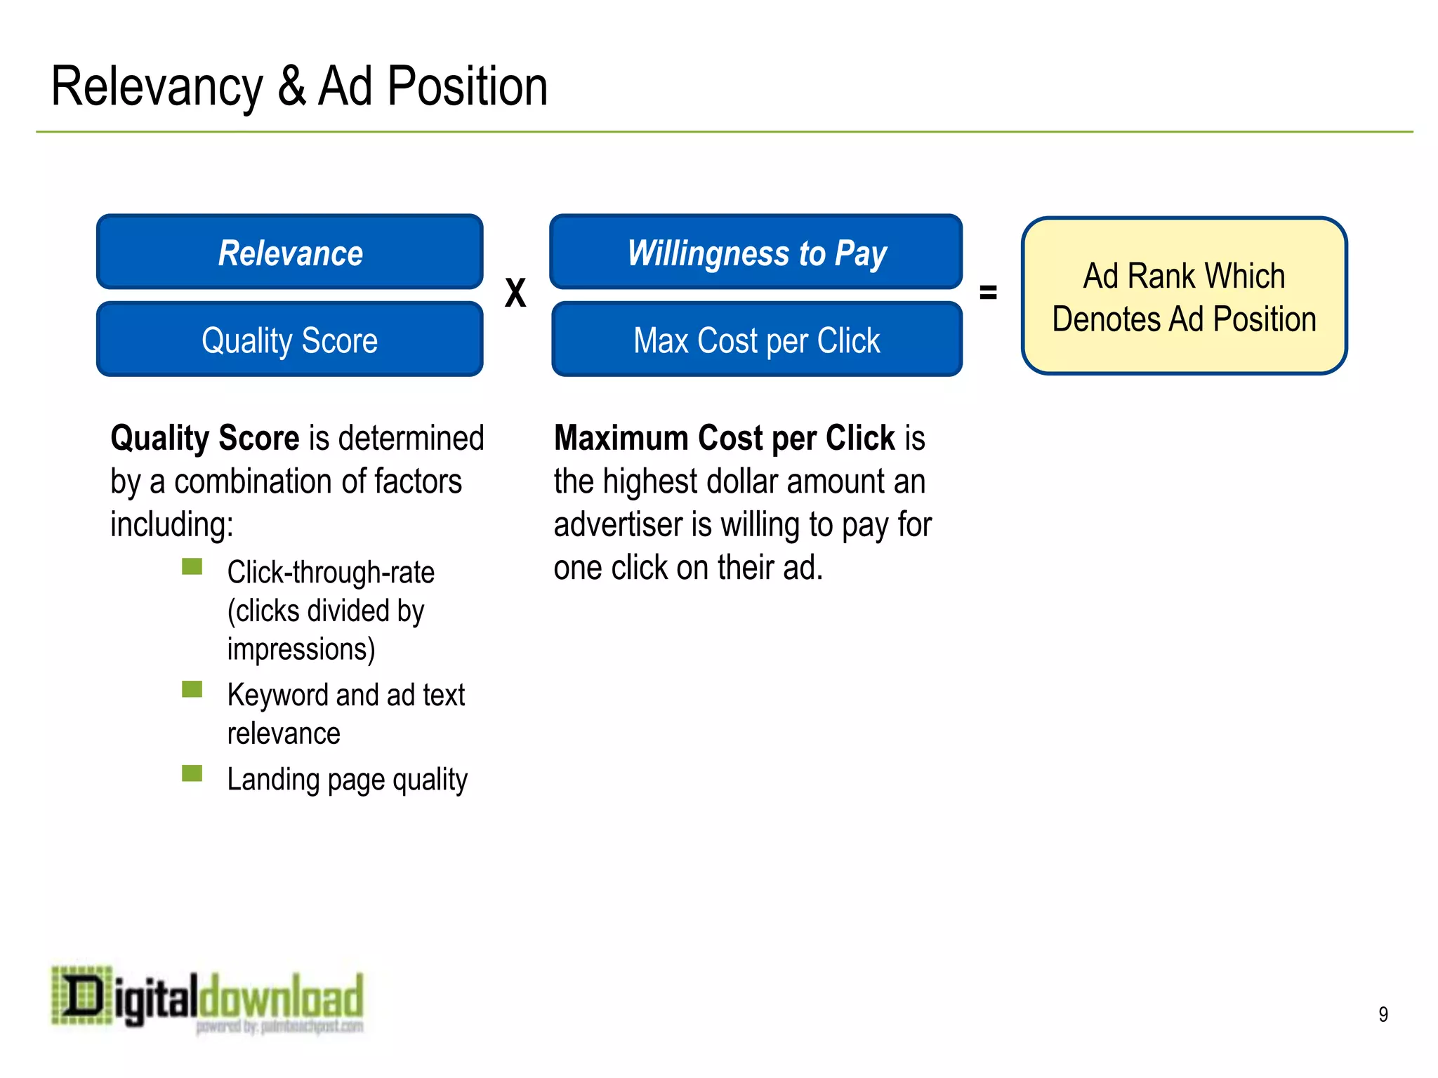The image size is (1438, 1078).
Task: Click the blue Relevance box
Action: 289,253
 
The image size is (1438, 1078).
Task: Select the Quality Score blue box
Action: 289,340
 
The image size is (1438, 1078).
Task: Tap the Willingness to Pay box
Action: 756,253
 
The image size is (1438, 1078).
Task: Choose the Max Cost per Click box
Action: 756,340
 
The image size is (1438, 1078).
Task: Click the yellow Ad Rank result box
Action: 1184,296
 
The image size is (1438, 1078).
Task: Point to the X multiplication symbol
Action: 515,293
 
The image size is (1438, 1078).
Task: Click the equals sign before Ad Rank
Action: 988,292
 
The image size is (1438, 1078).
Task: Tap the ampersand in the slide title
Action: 291,87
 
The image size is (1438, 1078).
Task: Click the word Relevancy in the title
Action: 157,87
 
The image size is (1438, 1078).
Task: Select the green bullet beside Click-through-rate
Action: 192,566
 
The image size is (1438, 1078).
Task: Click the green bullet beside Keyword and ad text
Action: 192,689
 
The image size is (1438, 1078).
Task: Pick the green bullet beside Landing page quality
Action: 192,773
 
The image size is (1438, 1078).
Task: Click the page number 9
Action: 1383,1014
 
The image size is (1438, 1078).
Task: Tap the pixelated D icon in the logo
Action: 82,996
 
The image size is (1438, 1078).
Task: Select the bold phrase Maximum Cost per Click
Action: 724,439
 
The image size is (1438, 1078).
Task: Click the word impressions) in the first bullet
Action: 301,649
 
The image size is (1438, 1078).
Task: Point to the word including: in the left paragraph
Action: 172,525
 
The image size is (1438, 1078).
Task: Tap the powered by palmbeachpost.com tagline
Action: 279,1027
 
